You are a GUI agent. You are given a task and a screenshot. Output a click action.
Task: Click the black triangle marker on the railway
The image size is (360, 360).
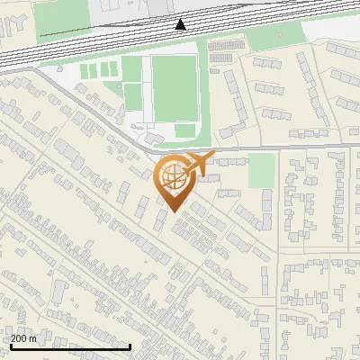pos(181,24)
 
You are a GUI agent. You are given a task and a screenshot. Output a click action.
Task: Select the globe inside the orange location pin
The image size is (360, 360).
pos(173,178)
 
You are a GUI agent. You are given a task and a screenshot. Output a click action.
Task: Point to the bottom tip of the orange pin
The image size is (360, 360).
pos(173,211)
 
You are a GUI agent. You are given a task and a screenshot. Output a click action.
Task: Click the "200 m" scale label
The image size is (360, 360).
pos(23,338)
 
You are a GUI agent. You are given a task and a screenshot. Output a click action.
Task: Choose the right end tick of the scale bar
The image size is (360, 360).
pos(130,346)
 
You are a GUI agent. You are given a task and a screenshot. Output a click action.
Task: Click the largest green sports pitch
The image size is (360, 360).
pos(174,87)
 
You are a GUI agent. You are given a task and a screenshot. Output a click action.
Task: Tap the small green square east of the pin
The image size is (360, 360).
pos(261,170)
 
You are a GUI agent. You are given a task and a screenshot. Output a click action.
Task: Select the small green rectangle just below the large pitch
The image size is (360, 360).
pos(185,130)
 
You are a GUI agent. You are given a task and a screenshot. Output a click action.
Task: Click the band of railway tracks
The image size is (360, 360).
pos(135,40)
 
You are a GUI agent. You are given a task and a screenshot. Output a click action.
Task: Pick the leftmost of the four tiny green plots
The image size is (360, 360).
pos(86,71)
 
